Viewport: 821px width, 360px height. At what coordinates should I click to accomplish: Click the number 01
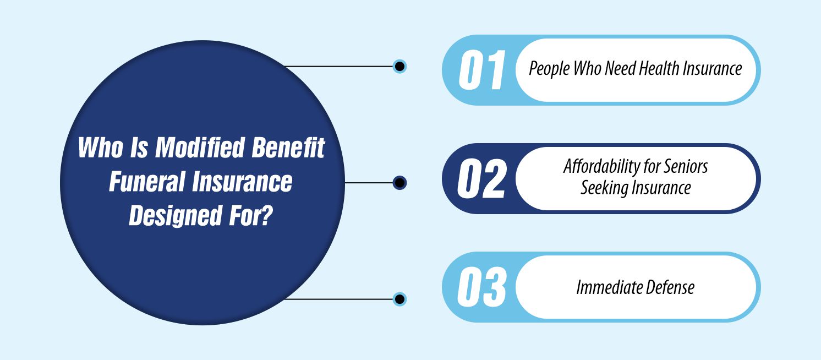pyautogui.click(x=481, y=70)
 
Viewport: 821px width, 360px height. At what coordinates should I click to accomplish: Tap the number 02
pyautogui.click(x=481, y=179)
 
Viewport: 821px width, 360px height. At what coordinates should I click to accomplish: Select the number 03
pyautogui.click(x=481, y=287)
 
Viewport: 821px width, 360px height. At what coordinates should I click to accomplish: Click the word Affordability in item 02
pyautogui.click(x=602, y=167)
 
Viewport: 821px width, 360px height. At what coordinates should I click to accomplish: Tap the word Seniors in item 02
pyautogui.click(x=685, y=167)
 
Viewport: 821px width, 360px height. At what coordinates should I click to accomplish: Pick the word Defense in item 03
pyautogui.click(x=670, y=287)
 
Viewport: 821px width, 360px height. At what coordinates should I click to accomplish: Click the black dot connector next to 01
pyautogui.click(x=400, y=67)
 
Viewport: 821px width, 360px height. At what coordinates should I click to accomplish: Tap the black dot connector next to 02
pyautogui.click(x=400, y=183)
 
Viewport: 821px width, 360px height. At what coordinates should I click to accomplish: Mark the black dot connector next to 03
pyautogui.click(x=400, y=299)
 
